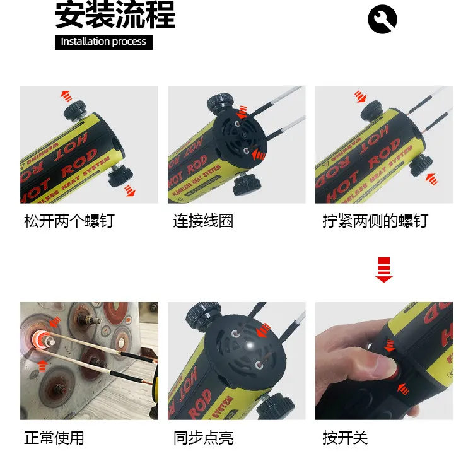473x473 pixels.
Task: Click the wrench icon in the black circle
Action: pyautogui.click(x=383, y=19)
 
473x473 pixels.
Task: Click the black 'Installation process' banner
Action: pyautogui.click(x=104, y=42)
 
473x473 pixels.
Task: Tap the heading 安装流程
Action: pyautogui.click(x=115, y=15)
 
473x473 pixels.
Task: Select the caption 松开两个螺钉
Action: pyautogui.click(x=69, y=221)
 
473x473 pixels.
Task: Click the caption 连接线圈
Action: pyautogui.click(x=203, y=221)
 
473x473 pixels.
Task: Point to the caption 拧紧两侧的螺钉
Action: pyautogui.click(x=375, y=221)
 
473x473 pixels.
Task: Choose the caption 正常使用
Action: pyautogui.click(x=54, y=438)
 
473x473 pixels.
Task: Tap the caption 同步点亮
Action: pyautogui.click(x=203, y=438)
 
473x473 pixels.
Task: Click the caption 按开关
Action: pyautogui.click(x=345, y=438)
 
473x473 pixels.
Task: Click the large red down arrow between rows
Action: pyautogui.click(x=383, y=270)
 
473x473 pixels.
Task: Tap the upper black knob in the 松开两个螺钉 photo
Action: pyautogui.click(x=75, y=110)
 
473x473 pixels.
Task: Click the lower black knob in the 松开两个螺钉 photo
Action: pyautogui.click(x=120, y=176)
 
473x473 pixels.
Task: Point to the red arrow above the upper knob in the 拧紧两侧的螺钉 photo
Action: pyautogui.click(x=360, y=96)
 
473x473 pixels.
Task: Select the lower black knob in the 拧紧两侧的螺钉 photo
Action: pyautogui.click(x=421, y=165)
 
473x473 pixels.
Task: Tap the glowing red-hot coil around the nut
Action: pyautogui.click(x=40, y=341)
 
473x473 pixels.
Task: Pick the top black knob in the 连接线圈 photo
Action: pyautogui.click(x=221, y=103)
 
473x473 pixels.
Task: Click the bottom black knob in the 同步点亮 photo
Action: pyautogui.click(x=275, y=406)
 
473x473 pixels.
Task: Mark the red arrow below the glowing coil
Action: pyautogui.click(x=43, y=366)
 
